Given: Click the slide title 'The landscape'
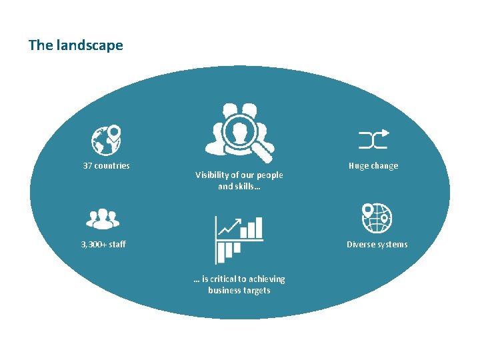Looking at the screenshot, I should (75, 45).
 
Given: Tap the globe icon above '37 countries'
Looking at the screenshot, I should (106, 139).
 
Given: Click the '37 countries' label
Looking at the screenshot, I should (106, 166).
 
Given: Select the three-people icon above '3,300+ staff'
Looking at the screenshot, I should (103, 218).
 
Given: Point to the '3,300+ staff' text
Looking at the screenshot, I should (103, 245).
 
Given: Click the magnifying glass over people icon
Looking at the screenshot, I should (239, 132).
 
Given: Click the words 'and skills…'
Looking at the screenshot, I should (239, 187).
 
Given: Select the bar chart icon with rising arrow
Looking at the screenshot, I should (239, 239).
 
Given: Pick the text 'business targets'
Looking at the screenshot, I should (239, 291).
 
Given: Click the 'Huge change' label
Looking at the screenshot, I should (373, 166).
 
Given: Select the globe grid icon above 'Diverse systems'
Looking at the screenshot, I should (377, 218).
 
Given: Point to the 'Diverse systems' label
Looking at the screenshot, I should (377, 245).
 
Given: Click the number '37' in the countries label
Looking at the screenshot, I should (87, 166).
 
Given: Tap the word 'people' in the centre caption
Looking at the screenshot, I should (270, 175).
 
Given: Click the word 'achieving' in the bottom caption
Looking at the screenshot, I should (268, 279).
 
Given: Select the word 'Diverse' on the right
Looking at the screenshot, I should (361, 245).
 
